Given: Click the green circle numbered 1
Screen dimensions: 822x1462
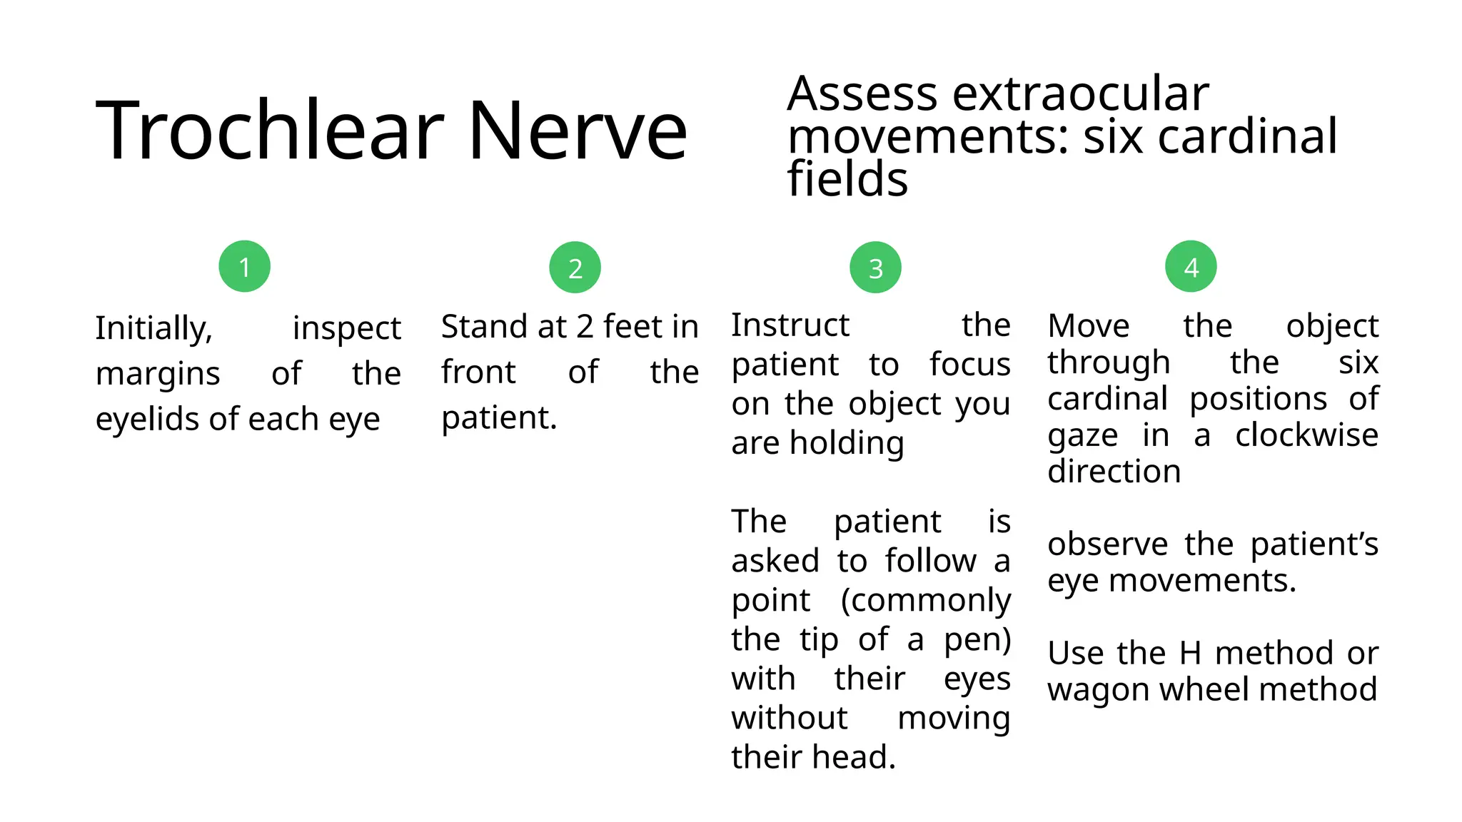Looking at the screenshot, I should click(244, 267).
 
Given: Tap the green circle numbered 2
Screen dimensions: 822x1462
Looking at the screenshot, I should click(575, 268).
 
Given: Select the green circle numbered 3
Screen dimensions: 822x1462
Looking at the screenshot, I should click(875, 268).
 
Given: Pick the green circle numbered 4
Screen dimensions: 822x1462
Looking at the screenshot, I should click(1191, 267).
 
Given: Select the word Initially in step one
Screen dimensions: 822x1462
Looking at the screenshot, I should click(154, 329).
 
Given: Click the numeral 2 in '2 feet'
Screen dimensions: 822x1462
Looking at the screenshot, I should click(585, 327).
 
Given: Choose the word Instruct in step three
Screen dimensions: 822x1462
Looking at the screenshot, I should click(790, 325).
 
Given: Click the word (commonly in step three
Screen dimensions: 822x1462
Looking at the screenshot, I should click(925, 600).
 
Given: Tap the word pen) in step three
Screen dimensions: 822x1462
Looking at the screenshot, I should click(977, 640).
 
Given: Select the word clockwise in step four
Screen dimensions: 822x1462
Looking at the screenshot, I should click(1306, 435).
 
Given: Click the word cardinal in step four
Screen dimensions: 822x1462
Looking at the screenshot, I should click(1106, 399).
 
